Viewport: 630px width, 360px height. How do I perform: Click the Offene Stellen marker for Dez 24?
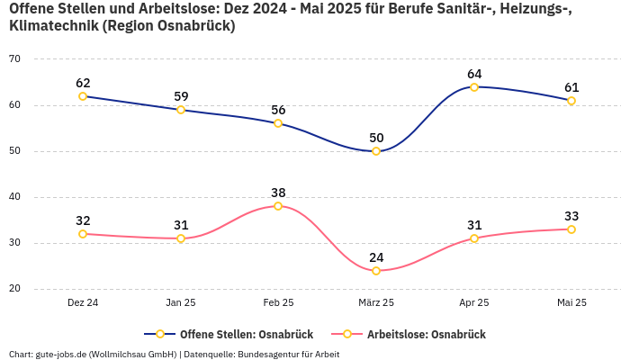[83, 96]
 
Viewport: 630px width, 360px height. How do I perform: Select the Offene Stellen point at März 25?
[376, 151]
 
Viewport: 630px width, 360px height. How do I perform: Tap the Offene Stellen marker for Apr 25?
[473, 87]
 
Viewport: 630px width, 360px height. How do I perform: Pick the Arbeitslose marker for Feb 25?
[278, 206]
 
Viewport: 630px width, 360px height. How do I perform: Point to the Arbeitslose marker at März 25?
[376, 271]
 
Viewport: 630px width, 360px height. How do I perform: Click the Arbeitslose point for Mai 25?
[571, 229]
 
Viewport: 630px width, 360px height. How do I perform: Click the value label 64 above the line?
[474, 74]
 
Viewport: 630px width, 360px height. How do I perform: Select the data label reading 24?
[376, 257]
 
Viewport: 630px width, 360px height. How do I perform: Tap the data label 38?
[278, 193]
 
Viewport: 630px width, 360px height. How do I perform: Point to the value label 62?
[83, 83]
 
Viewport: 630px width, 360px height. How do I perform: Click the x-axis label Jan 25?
[181, 302]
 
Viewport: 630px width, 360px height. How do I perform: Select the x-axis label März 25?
[376, 302]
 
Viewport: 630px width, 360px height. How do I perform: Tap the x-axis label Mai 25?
[571, 302]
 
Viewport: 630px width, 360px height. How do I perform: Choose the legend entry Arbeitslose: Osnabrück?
[426, 335]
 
